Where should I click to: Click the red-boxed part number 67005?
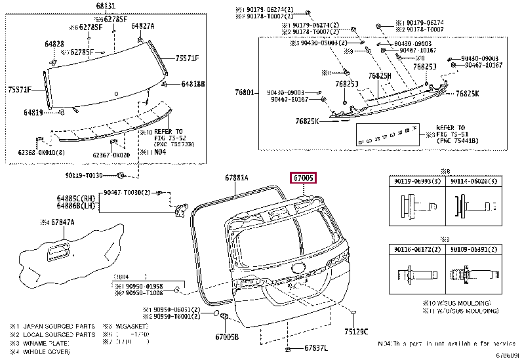coord(304,177)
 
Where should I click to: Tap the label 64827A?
coord(142,26)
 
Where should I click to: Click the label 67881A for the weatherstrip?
coord(236,177)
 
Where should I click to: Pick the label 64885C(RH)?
coord(73,197)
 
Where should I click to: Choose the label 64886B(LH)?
coord(73,205)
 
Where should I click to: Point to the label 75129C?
coord(356,331)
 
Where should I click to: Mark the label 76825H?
coord(379,76)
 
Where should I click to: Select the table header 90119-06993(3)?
coord(416,181)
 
